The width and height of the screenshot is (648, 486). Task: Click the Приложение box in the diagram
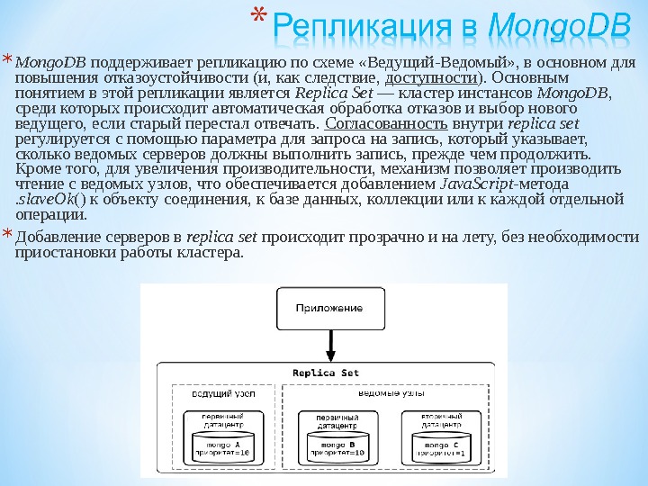pyautogui.click(x=330, y=308)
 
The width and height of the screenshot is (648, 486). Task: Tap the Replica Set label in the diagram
pyautogui.click(x=325, y=373)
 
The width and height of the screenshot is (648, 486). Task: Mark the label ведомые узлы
pyautogui.click(x=392, y=394)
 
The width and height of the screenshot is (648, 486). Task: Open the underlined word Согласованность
pyautogui.click(x=364, y=123)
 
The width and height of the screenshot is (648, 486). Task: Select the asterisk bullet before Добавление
pyautogui.click(x=7, y=236)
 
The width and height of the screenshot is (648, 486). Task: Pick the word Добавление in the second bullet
pyautogui.click(x=54, y=238)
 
